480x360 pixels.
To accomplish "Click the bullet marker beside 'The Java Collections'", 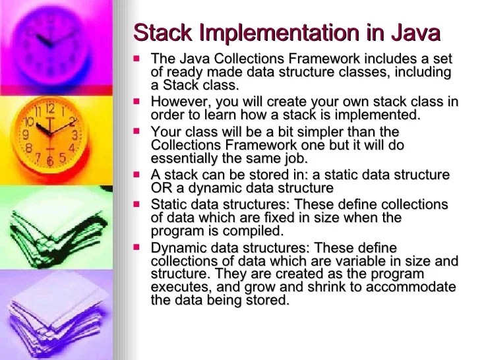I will coord(137,59).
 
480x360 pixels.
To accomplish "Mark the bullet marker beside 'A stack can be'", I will coord(137,175).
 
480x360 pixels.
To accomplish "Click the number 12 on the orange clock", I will coord(50,108).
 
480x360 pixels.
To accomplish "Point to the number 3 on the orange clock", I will coord(75,135).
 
